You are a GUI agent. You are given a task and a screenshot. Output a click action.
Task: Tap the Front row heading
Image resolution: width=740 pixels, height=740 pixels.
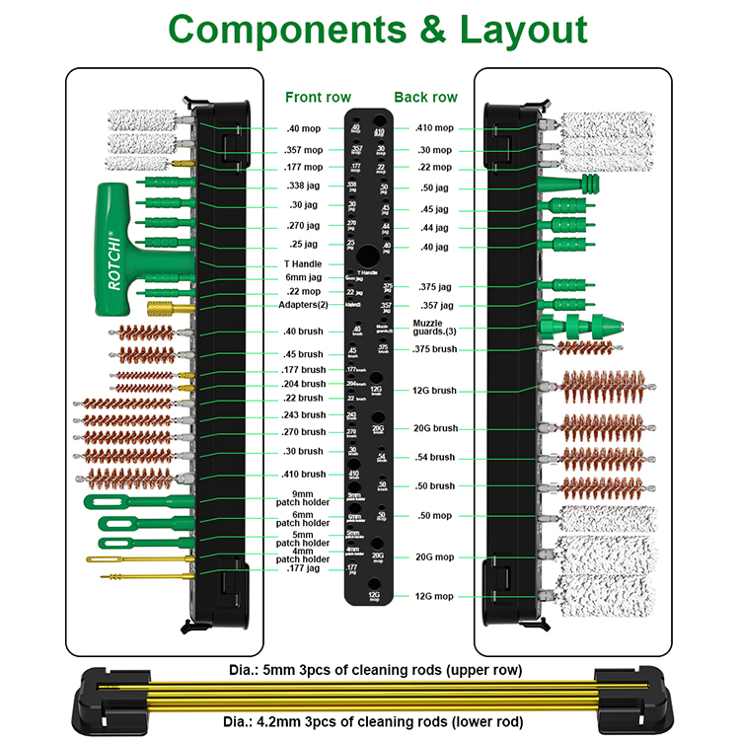317,97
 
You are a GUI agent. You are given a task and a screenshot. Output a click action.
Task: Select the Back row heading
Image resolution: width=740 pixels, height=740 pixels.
425,97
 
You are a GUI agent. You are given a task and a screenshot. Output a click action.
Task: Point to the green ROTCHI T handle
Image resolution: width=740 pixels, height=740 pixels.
118,247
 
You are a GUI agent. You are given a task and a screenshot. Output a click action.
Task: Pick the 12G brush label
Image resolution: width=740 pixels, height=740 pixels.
436,391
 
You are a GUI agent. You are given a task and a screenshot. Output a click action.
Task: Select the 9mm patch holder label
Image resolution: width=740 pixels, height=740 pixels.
303,499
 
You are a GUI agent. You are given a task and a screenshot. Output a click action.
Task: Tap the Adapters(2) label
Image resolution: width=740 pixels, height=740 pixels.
299,306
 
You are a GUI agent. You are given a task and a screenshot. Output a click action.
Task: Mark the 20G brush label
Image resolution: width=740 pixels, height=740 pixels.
436,428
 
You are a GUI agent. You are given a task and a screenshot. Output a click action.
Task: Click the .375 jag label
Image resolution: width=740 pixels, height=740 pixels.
435,286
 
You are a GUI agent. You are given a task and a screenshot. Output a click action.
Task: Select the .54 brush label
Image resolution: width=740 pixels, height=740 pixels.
435,457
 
